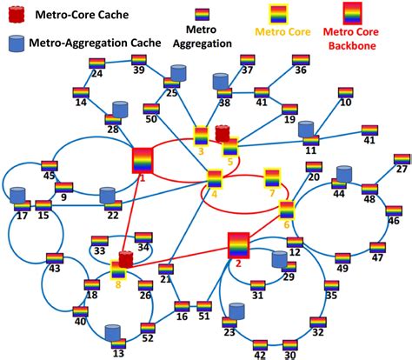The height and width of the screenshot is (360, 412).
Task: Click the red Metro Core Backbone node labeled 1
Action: pyautogui.click(x=143, y=161)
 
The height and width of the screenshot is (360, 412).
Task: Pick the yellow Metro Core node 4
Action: pyautogui.click(x=215, y=178)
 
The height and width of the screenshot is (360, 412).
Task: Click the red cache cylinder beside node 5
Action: pyautogui.click(x=223, y=134)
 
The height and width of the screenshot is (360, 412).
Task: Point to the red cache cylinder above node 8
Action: pyautogui.click(x=126, y=259)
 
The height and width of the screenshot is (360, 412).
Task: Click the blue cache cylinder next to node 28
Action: pyautogui.click(x=121, y=110)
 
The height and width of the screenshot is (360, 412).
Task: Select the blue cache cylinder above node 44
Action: pyautogui.click(x=343, y=173)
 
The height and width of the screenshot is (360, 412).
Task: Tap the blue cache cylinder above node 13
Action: pyautogui.click(x=111, y=332)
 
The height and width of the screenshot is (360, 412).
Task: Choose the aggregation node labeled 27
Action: pyautogui.click(x=402, y=160)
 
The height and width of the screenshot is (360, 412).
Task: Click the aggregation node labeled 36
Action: pyautogui.click(x=301, y=60)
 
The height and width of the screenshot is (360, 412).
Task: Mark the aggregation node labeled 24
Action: pyautogui.click(x=96, y=63)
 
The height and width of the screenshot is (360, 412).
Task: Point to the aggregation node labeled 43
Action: pyautogui.click(x=53, y=257)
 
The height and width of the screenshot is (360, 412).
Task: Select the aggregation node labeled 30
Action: pyautogui.click(x=290, y=345)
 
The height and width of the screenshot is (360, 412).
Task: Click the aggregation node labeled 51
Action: pyautogui.click(x=204, y=306)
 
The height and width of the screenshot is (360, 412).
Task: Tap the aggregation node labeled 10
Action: pyautogui.click(x=346, y=92)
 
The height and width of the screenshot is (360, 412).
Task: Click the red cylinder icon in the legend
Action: pyautogui.click(x=17, y=14)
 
